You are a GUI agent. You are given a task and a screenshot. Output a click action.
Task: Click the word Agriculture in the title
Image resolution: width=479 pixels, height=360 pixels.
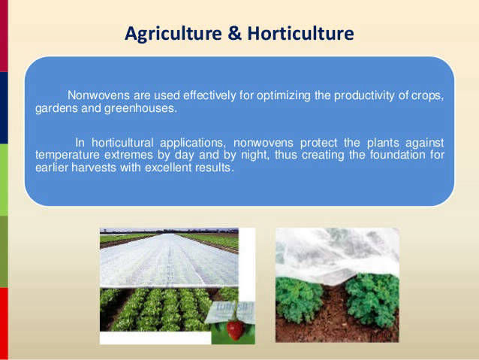pyautogui.click(x=173, y=34)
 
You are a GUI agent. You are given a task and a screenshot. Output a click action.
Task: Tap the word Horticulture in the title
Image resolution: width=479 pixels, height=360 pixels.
pyautogui.click(x=300, y=33)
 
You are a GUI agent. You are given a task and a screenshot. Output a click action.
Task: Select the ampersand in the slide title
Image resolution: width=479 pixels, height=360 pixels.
pyautogui.click(x=234, y=33)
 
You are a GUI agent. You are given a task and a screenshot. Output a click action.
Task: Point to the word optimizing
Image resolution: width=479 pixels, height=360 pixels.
pyautogui.click(x=284, y=96)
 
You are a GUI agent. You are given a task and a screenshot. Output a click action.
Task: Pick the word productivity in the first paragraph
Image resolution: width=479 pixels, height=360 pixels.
pyautogui.click(x=364, y=95)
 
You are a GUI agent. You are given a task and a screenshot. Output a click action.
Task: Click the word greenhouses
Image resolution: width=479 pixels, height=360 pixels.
pyautogui.click(x=141, y=108)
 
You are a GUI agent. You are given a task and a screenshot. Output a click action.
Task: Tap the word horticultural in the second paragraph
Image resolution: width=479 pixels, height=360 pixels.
pyautogui.click(x=122, y=143)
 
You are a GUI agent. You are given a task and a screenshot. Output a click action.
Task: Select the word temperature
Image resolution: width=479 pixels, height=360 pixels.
pyautogui.click(x=68, y=155)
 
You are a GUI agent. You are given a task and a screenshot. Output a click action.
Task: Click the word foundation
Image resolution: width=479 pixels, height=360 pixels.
pyautogui.click(x=397, y=155)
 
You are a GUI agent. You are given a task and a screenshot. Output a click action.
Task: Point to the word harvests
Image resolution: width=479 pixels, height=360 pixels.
pyautogui.click(x=94, y=168)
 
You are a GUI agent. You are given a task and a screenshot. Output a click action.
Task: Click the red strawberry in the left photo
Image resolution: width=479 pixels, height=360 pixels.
pyautogui.click(x=235, y=330)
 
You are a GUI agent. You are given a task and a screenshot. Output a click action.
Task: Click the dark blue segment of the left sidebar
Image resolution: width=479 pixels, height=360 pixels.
pyautogui.click(x=4, y=108)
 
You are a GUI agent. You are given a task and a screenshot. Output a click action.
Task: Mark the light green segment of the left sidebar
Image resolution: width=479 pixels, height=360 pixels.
pyautogui.click(x=4, y=180)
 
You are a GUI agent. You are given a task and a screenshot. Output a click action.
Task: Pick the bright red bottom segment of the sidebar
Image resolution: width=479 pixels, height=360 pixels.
pyautogui.click(x=4, y=324)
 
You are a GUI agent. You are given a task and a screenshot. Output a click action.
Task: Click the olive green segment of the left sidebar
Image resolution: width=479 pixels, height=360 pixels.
pyautogui.click(x=4, y=252)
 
